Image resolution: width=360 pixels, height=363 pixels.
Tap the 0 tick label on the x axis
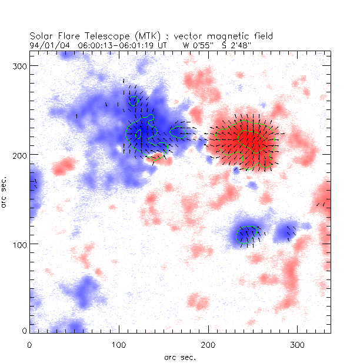(x=30, y=342)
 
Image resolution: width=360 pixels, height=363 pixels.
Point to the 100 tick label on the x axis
(x=119, y=342)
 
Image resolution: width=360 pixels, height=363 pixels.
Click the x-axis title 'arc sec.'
(x=179, y=357)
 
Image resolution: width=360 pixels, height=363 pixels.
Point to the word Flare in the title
(x=67, y=35)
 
